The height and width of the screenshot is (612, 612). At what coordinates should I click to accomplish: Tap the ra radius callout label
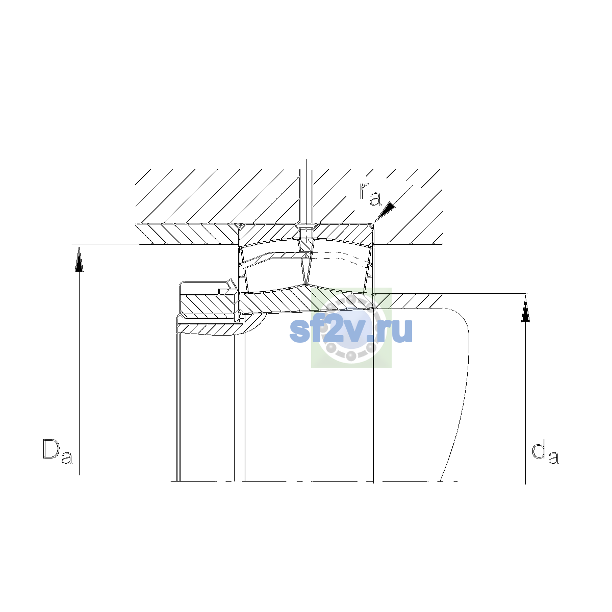click(x=370, y=194)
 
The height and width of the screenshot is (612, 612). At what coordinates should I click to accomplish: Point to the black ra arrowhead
click(x=386, y=211)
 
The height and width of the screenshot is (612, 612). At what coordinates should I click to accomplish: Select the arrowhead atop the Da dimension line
click(x=79, y=259)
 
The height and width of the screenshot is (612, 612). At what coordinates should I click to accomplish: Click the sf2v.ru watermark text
click(x=351, y=330)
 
